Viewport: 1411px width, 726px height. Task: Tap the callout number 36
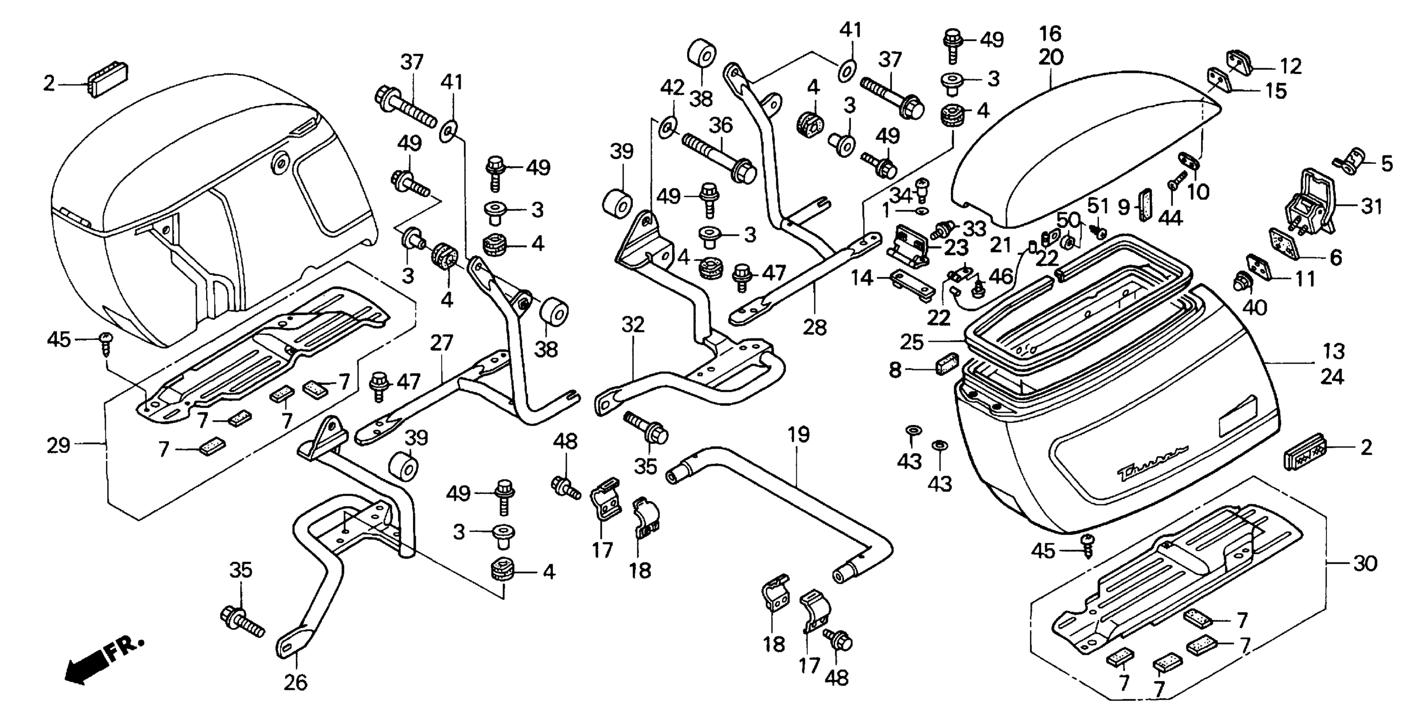pyautogui.click(x=720, y=126)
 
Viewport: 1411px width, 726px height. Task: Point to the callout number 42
pyautogui.click(x=672, y=87)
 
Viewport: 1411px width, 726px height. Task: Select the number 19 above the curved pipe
pyautogui.click(x=799, y=435)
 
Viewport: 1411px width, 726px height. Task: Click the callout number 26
pyautogui.click(x=295, y=683)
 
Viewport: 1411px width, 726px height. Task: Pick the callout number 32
pyautogui.click(x=633, y=325)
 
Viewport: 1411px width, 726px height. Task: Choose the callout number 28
pyautogui.click(x=814, y=328)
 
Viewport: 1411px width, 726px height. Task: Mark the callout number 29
pyautogui.click(x=58, y=445)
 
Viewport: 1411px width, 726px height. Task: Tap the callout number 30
pyautogui.click(x=1364, y=563)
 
